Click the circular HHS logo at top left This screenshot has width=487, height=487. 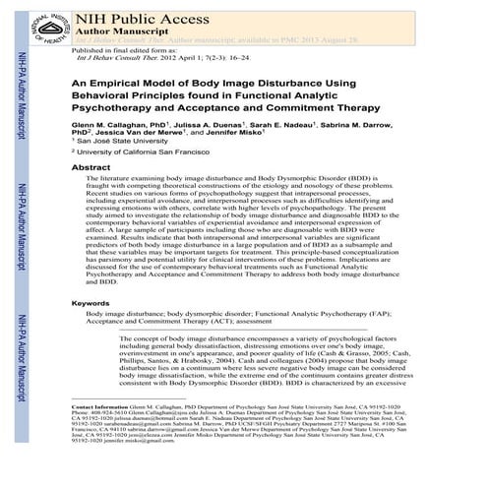click(43, 21)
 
